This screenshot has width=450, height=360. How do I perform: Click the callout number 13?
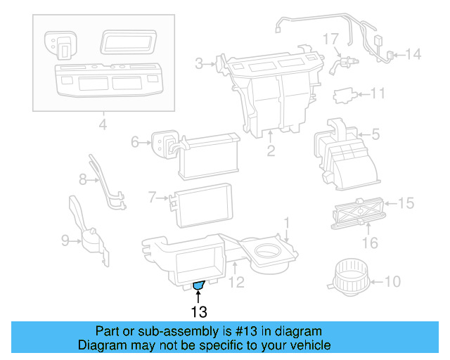pos(198,310)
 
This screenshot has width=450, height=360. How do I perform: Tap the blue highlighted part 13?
pos(198,285)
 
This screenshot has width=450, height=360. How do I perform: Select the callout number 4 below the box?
pos(103,127)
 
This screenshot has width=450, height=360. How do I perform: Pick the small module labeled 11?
pos(345,93)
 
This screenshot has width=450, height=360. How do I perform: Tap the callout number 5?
pos(375,133)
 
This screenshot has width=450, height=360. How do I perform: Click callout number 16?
pos(369,243)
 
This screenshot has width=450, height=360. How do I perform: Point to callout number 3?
pos(199,64)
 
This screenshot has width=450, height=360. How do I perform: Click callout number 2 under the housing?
pos(271,150)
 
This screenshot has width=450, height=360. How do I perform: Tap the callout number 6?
pos(136,143)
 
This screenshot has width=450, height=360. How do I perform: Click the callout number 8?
pos(82,179)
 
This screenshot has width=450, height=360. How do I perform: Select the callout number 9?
pos(65,241)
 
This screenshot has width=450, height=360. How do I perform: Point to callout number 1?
pos(287,223)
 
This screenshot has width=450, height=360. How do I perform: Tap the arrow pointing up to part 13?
pos(198,295)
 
